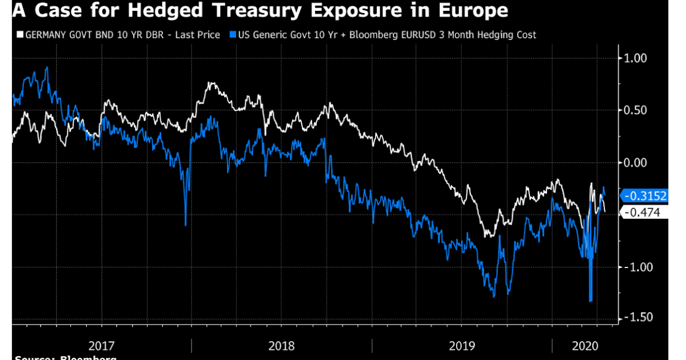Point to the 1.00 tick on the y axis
(x=635, y=58)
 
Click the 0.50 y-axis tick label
(x=635, y=110)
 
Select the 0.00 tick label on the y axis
(x=635, y=163)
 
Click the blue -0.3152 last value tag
(x=645, y=196)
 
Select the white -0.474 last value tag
(x=642, y=213)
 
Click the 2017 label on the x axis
(x=102, y=346)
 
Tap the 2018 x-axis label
(x=281, y=346)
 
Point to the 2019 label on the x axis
(x=461, y=346)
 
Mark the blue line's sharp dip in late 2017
(x=185, y=224)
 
